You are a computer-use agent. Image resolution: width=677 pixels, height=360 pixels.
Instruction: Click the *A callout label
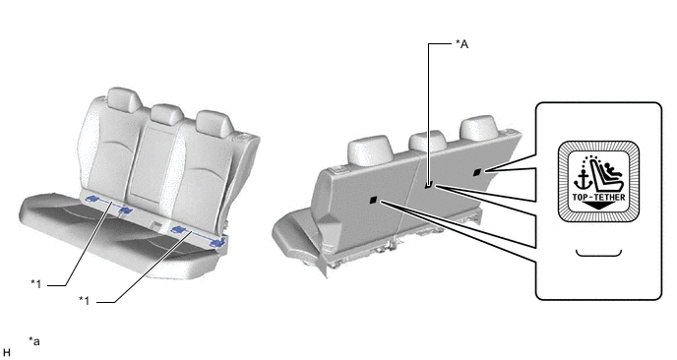pyautogui.click(x=462, y=43)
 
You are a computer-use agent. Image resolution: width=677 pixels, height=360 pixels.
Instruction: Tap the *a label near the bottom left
pyautogui.click(x=34, y=341)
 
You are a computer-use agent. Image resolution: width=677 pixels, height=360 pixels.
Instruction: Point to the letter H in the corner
pyautogui.click(x=7, y=353)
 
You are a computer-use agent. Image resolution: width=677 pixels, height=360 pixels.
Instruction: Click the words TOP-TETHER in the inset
pyautogui.click(x=598, y=198)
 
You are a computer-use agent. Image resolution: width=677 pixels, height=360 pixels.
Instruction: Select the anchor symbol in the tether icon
pyautogui.click(x=582, y=181)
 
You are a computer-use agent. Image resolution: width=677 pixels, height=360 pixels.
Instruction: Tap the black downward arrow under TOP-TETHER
pyautogui.click(x=598, y=206)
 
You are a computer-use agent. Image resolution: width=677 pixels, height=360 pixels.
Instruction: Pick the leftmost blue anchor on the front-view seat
pyautogui.click(x=92, y=199)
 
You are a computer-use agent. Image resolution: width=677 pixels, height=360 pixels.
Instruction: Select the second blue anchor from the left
pyautogui.click(x=126, y=210)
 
